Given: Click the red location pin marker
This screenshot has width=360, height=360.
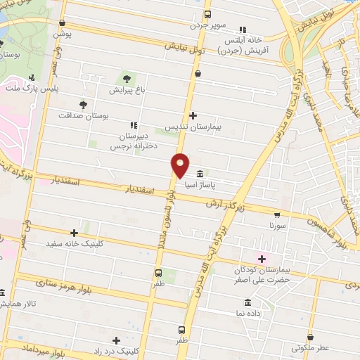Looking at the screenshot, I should [181, 165].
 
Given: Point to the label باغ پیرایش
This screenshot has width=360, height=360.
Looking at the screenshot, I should [127, 90].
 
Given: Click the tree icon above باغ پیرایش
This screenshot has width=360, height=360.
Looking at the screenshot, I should [127, 78].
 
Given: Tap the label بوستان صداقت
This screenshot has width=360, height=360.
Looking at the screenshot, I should [84, 115].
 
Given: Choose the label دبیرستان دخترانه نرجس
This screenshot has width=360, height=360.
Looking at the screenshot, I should [134, 141].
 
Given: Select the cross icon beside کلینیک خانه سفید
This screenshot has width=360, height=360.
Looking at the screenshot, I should [74, 233].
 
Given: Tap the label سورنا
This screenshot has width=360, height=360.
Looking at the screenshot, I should [277, 227].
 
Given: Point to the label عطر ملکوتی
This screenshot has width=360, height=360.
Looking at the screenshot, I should [310, 347].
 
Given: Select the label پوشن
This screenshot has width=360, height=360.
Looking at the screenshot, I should [63, 33].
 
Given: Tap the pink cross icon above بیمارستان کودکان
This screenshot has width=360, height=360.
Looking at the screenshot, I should [262, 258].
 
